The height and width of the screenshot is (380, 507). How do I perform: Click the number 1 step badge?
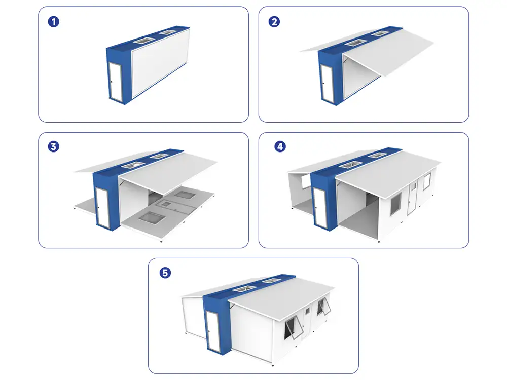pos(52,22)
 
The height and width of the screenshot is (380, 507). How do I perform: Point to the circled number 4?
pos(279,146)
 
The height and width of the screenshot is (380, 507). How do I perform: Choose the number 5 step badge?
pos(165,273)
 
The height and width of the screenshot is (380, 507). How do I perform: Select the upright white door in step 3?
pos(103,205)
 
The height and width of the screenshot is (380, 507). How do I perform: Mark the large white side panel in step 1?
pos(160,66)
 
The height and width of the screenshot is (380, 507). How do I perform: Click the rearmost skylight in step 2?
pos(380,34)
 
